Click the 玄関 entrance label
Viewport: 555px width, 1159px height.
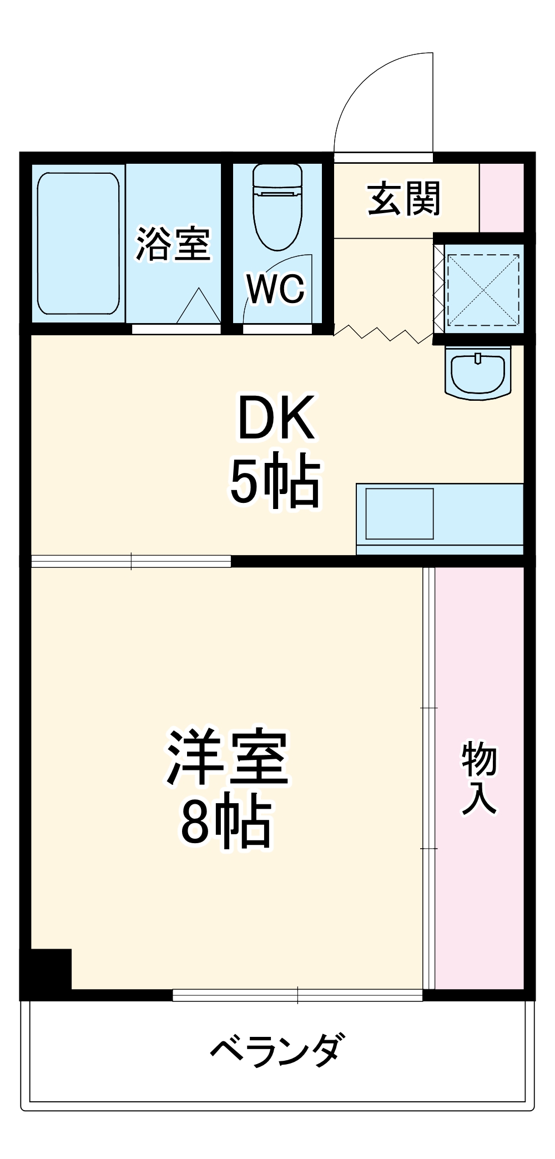click(403, 198)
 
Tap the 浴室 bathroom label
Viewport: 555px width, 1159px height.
click(173, 244)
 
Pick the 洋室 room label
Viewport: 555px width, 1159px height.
click(228, 758)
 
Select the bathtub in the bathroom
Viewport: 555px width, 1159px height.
click(78, 243)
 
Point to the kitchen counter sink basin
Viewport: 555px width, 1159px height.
click(399, 513)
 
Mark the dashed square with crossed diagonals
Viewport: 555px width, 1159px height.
click(483, 289)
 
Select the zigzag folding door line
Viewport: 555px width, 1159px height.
click(383, 334)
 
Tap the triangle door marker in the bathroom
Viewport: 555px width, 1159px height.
click(198, 306)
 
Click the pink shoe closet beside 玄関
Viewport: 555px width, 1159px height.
click(501, 197)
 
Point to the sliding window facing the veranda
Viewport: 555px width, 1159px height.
click(297, 995)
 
